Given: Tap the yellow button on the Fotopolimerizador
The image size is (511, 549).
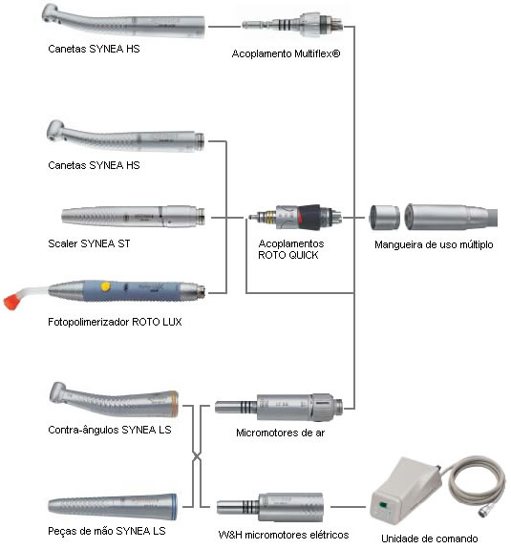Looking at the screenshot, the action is (x=105, y=286).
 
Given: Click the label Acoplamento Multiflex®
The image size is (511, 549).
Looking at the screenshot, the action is (x=286, y=53).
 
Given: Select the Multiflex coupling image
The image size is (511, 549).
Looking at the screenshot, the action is (x=292, y=25).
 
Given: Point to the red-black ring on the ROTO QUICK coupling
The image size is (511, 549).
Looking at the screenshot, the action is (x=309, y=217).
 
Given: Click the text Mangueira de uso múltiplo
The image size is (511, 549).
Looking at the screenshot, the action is (x=434, y=244).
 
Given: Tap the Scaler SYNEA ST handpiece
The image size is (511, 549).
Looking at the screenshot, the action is (x=133, y=216).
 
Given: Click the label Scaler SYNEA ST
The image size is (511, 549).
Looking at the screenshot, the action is (x=89, y=243).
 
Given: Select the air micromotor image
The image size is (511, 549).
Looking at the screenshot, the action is (x=279, y=407).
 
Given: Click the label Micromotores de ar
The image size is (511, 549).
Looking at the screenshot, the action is (x=280, y=433).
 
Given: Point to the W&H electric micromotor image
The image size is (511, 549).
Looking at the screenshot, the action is (x=270, y=507).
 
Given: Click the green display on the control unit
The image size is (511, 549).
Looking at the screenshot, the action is (x=383, y=505).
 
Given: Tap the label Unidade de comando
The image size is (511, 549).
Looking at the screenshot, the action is (x=430, y=538).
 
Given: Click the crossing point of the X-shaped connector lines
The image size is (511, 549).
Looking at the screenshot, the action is (x=197, y=456).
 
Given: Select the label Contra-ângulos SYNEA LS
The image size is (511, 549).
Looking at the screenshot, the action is (x=110, y=430).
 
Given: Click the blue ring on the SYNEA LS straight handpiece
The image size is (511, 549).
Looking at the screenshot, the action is (x=174, y=507).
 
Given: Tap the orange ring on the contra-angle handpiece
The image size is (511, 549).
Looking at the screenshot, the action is (x=174, y=404).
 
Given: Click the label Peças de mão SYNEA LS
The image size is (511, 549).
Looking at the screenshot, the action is (x=107, y=531).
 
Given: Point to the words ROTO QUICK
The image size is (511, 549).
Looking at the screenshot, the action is (x=287, y=255).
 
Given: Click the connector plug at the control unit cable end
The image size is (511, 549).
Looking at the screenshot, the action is (x=484, y=512).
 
